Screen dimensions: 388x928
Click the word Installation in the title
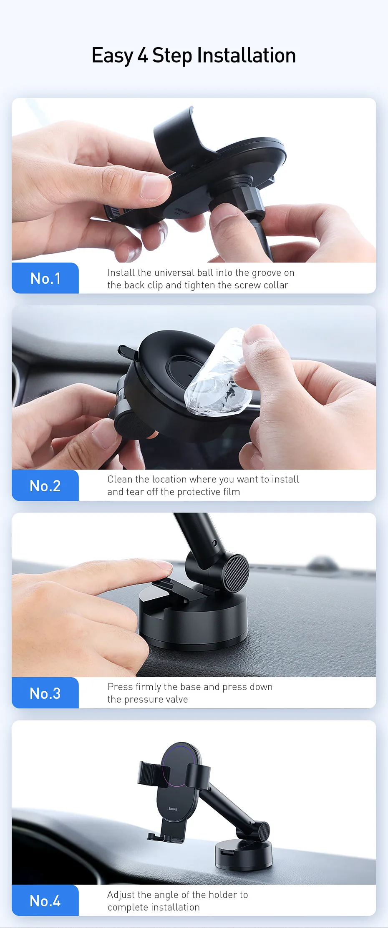[246, 55]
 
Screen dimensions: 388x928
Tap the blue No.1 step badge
[45, 278]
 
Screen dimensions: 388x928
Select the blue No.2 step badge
[45, 485]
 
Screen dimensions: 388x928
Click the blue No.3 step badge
[45, 693]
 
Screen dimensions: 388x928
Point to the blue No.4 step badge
[45, 900]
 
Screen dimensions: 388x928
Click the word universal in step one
[168, 273]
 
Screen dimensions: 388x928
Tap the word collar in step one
[276, 285]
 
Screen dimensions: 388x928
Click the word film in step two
[231, 492]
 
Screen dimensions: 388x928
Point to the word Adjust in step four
[121, 895]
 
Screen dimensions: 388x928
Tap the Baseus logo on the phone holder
[173, 809]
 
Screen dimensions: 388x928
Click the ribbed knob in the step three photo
[236, 573]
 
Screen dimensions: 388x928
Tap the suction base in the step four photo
[243, 854]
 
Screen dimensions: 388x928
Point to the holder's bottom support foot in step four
[165, 837]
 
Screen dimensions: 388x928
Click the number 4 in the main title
[143, 55]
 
